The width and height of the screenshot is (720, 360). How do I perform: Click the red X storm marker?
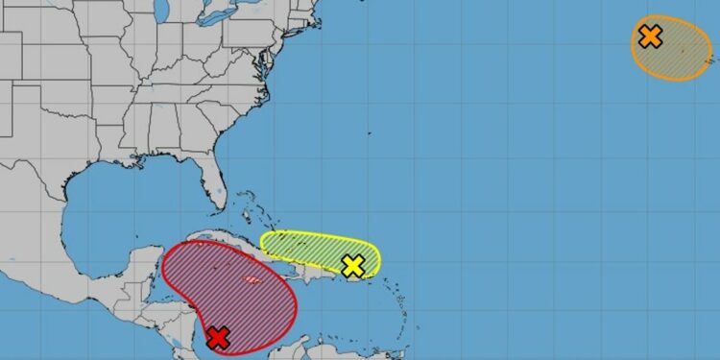point(218,337)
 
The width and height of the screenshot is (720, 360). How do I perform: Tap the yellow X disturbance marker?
point(353,266)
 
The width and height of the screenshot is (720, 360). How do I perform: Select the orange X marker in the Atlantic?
point(650,37)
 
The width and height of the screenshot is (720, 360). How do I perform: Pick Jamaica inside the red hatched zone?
point(252,280)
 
